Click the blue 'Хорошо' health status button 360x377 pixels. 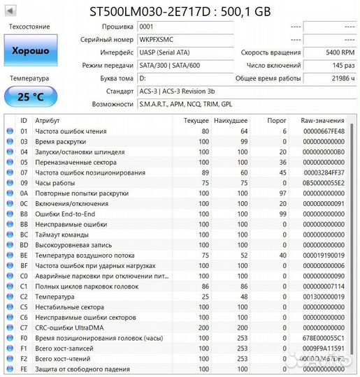30,51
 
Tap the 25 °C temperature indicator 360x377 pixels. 30,96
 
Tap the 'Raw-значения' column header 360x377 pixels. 322,120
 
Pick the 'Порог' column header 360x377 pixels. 278,120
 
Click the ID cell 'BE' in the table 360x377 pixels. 24,256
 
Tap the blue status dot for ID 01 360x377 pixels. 10,131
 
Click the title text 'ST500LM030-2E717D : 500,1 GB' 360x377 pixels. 180,10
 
